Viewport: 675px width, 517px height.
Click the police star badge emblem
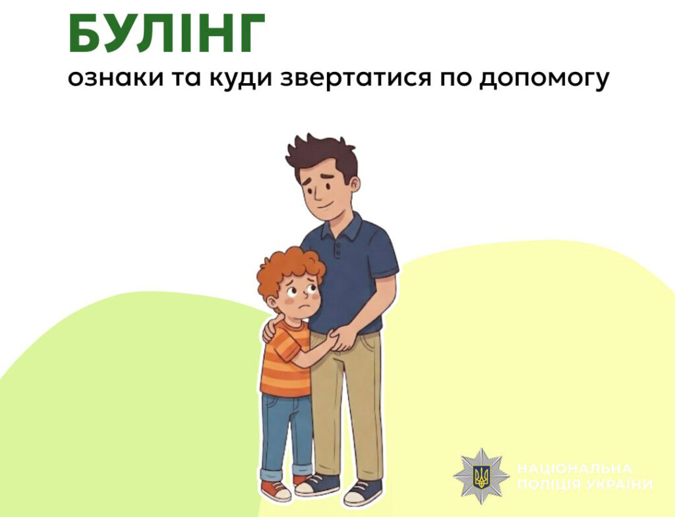click(481, 475)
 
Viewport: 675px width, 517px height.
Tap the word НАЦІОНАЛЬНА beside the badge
click(575, 469)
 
